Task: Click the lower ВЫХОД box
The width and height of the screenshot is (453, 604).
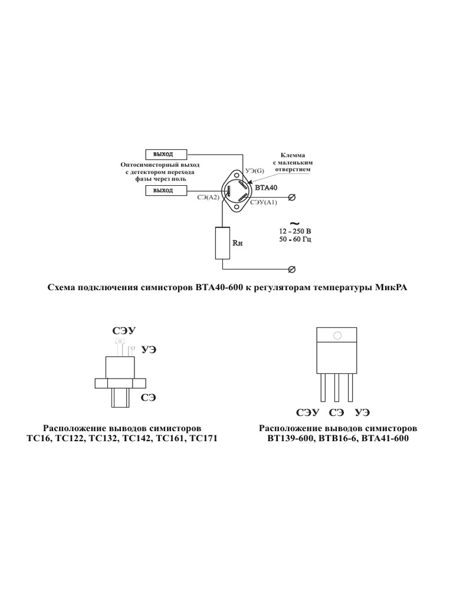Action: (166, 191)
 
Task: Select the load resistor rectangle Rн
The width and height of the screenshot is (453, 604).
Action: (222, 243)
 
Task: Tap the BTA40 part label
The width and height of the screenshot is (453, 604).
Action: (267, 188)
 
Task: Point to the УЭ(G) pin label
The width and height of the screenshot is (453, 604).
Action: (254, 170)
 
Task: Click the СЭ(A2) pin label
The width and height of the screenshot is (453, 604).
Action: (208, 199)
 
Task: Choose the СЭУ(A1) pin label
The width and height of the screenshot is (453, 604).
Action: (263, 202)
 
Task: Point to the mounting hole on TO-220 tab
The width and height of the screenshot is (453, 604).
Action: (337, 336)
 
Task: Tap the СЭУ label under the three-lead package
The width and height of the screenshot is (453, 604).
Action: (307, 412)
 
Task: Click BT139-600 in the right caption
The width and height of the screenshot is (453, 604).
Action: (287, 439)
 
